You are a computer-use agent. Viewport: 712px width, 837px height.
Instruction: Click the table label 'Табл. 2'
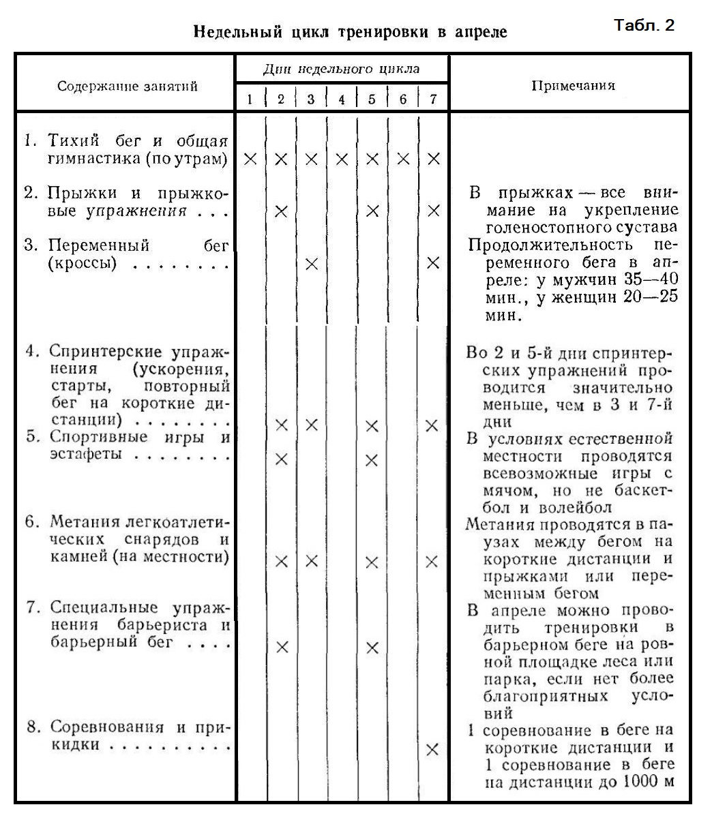tap(644, 26)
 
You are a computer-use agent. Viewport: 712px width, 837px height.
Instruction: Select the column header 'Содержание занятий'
tap(127, 86)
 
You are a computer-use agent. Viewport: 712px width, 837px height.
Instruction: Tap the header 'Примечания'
tap(572, 85)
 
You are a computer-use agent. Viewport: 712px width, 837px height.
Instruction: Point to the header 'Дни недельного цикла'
tap(341, 69)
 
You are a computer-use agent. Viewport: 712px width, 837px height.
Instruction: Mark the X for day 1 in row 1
tap(250, 159)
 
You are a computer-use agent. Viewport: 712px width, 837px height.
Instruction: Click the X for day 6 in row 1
tap(403, 159)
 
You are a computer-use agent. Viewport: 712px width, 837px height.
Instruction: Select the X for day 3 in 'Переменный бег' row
tap(311, 264)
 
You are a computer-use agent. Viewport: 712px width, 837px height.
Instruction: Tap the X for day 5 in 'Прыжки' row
tap(372, 211)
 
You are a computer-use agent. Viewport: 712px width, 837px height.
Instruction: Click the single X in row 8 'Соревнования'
tap(432, 749)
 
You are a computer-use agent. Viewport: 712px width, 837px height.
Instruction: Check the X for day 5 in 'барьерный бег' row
tap(372, 648)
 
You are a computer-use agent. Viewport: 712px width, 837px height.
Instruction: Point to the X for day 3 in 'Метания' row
tap(311, 562)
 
